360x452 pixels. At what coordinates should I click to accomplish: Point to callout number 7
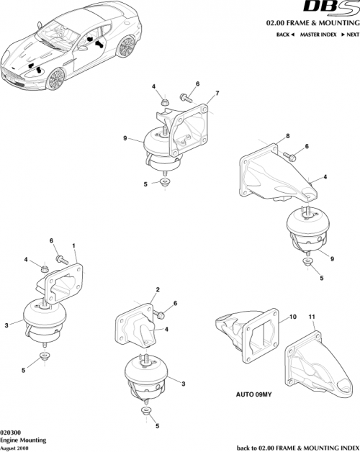(218, 94)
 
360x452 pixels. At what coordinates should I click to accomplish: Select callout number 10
(294, 316)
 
